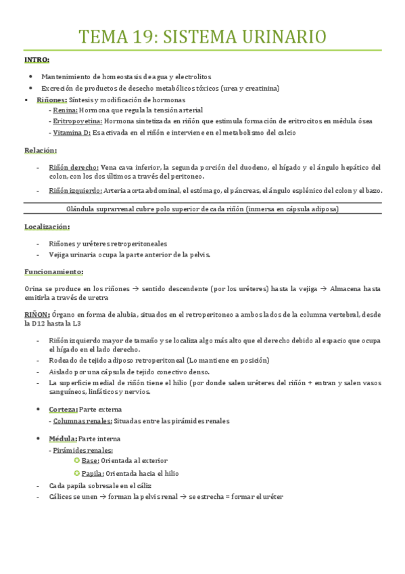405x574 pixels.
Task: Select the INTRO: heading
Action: tap(37, 61)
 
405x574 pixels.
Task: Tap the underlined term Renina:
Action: tap(65, 110)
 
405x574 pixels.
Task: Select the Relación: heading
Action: tap(41, 150)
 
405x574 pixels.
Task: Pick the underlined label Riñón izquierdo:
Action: tap(75, 190)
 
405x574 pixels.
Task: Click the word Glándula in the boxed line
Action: tap(84, 209)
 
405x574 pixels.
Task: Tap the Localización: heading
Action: tap(47, 226)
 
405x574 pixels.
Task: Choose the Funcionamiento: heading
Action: tap(53, 271)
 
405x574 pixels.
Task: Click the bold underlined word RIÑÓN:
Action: tap(37, 314)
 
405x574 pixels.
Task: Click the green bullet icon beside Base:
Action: tap(76, 461)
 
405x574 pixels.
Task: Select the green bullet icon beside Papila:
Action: tap(76, 473)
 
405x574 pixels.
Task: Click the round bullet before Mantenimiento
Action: tap(32, 77)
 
